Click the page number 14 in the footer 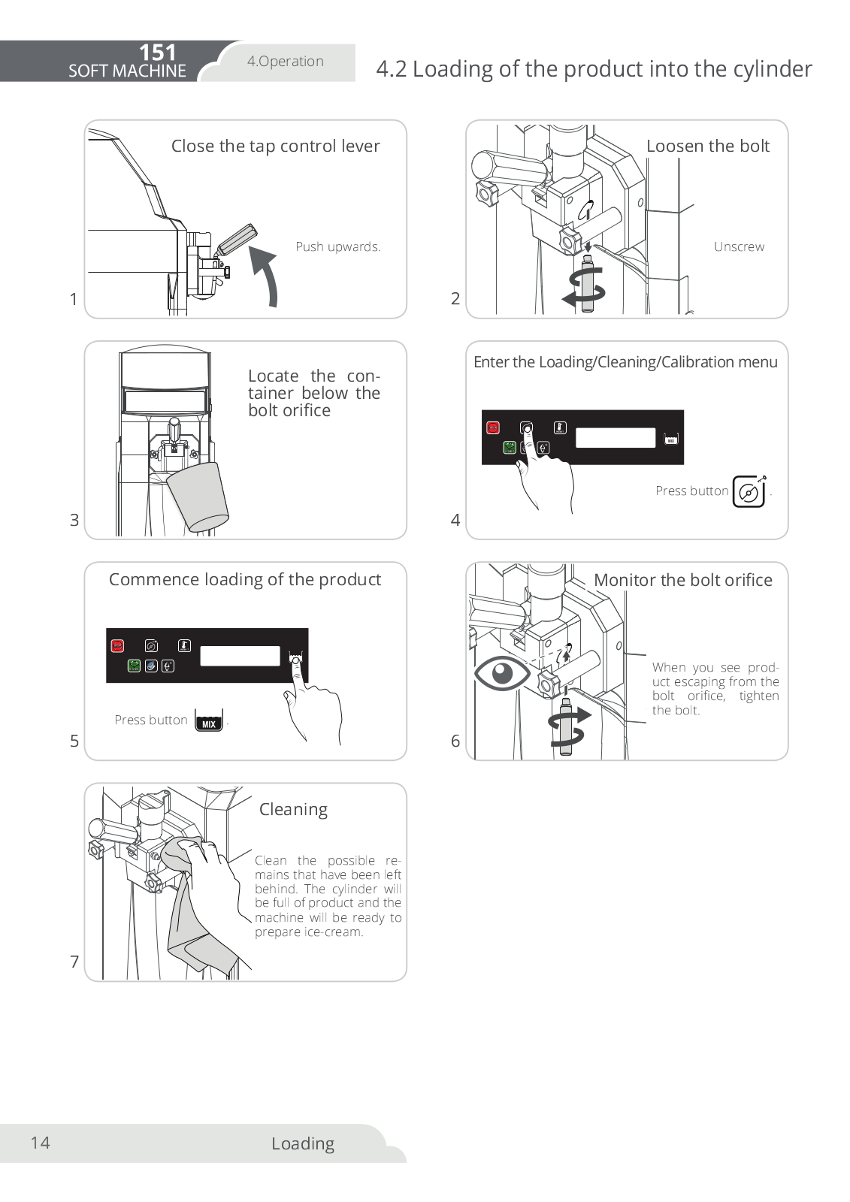pyautogui.click(x=40, y=1143)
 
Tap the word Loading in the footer pyautogui.click(x=303, y=1143)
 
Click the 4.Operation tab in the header pyautogui.click(x=286, y=62)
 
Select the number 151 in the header pyautogui.click(x=157, y=53)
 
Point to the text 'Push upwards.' pyautogui.click(x=337, y=246)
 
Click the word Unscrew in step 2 pyautogui.click(x=739, y=246)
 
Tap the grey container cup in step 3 pyautogui.click(x=198, y=497)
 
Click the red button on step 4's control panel pyautogui.click(x=493, y=427)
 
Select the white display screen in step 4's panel pyautogui.click(x=616, y=437)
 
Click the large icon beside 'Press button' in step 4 pyautogui.click(x=749, y=492)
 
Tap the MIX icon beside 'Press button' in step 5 pyautogui.click(x=209, y=720)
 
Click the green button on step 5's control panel pyautogui.click(x=134, y=666)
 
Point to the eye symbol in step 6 pyautogui.click(x=502, y=672)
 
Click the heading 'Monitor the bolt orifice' pyautogui.click(x=682, y=580)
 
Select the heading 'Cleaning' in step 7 pyautogui.click(x=293, y=809)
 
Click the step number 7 pyautogui.click(x=74, y=962)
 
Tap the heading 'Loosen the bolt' pyautogui.click(x=708, y=146)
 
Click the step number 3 pyautogui.click(x=74, y=520)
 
